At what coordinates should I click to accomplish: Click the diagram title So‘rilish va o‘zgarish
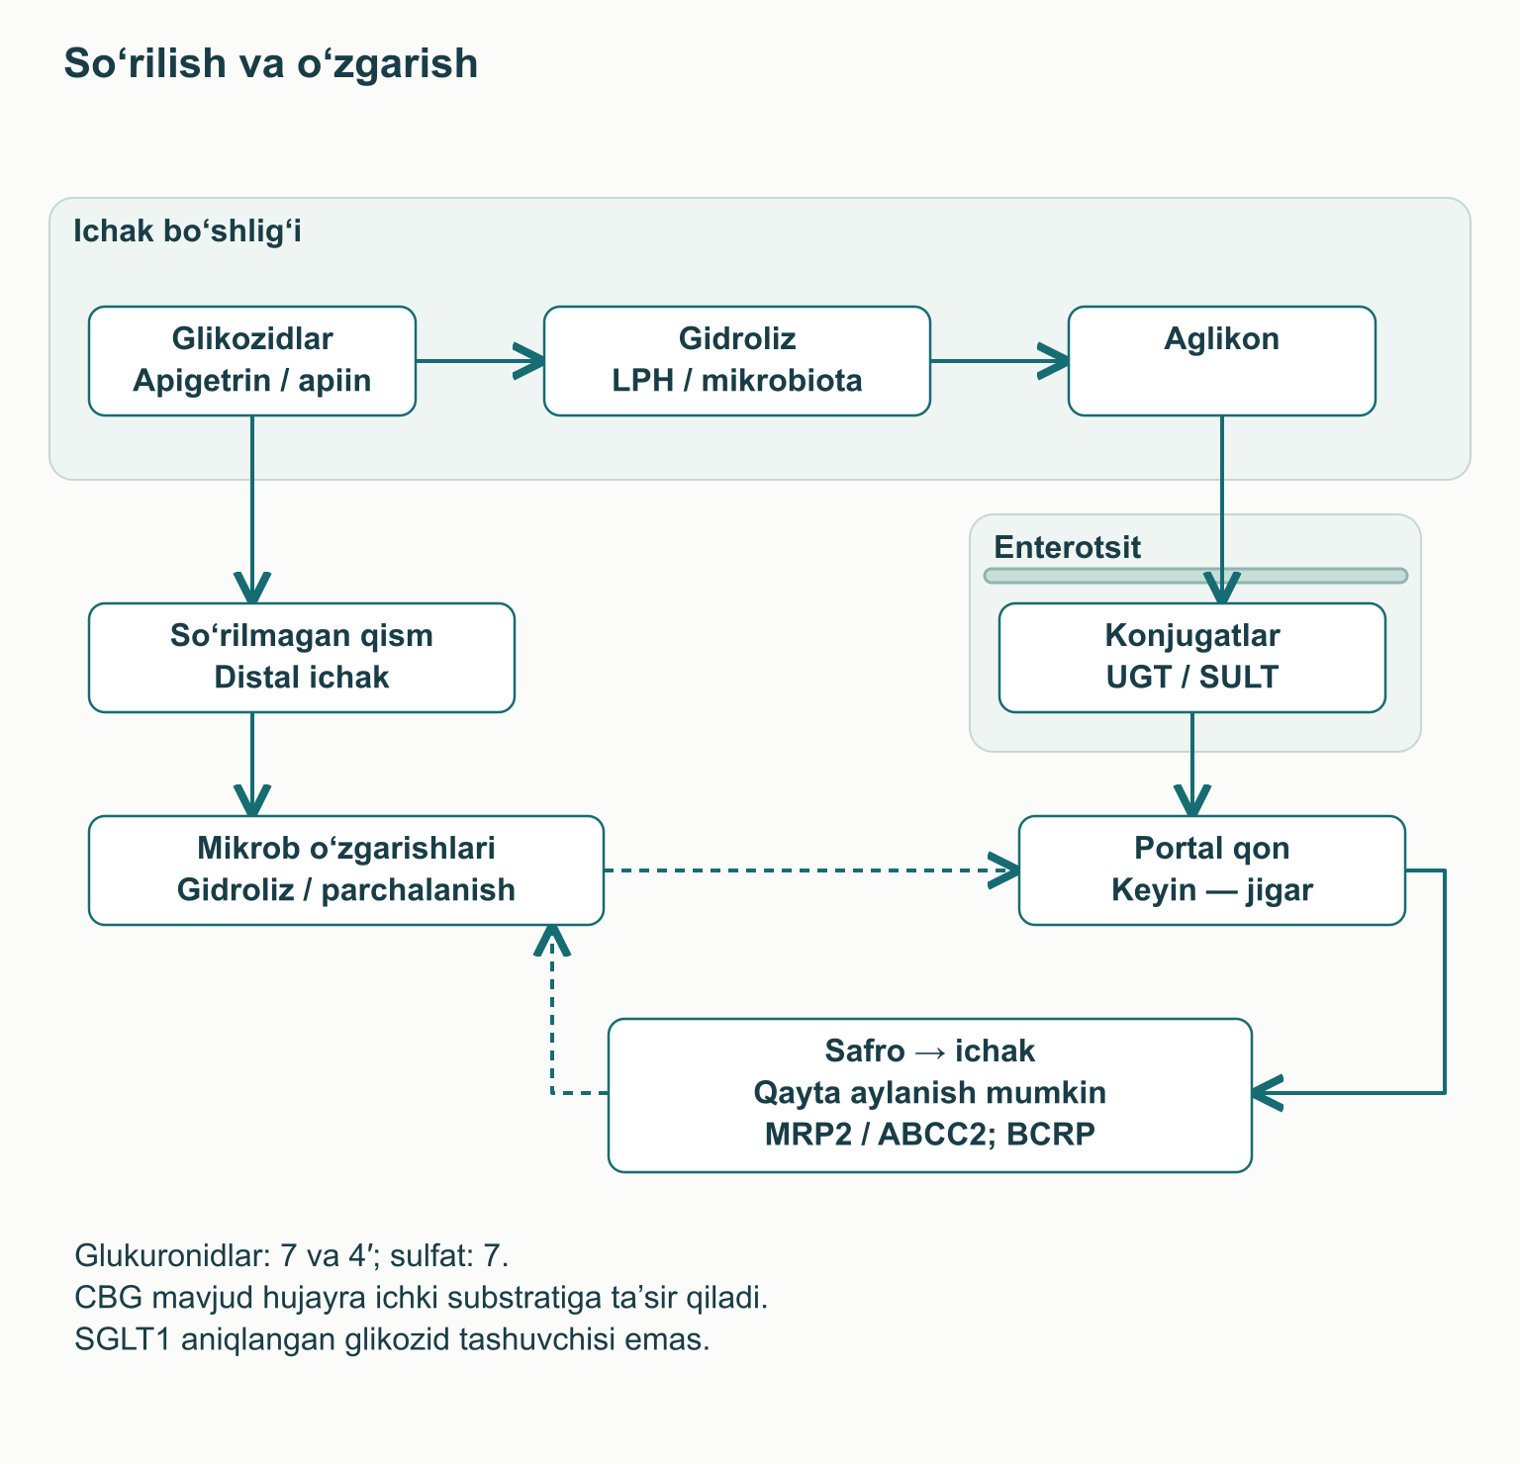click(x=271, y=63)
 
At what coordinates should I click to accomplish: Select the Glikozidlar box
click(x=252, y=361)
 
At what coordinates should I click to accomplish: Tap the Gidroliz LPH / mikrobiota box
click(x=737, y=361)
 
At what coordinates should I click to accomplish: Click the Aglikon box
click(x=1222, y=361)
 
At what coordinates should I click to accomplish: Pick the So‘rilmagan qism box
click(x=302, y=658)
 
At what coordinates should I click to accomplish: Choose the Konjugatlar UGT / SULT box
click(x=1192, y=658)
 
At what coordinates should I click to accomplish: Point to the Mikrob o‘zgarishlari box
click(x=346, y=870)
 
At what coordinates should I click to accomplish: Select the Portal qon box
click(x=1212, y=870)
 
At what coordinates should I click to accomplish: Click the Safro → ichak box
click(x=930, y=1095)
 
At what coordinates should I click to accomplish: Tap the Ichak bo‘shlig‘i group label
click(x=188, y=231)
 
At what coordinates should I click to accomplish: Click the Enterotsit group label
click(x=1068, y=547)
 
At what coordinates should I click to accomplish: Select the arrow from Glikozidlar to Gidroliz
click(x=480, y=361)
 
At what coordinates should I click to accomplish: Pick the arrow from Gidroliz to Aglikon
click(x=999, y=361)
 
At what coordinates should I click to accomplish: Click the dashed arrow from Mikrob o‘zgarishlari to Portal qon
click(x=811, y=870)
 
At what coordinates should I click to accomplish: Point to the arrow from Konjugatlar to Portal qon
click(x=1192, y=764)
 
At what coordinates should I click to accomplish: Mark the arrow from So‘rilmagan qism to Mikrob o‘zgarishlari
click(x=252, y=764)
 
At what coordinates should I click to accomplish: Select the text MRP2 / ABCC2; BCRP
click(x=930, y=1134)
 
